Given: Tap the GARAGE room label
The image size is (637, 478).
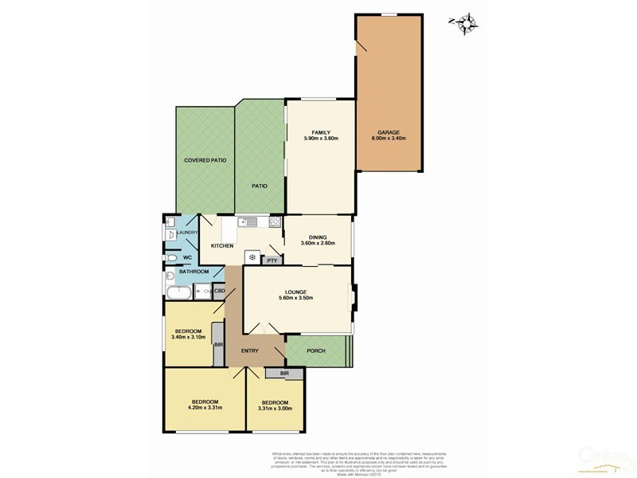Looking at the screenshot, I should (x=388, y=132).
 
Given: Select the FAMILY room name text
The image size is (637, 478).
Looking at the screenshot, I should (x=321, y=132).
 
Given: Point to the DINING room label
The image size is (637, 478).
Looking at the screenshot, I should (x=318, y=236).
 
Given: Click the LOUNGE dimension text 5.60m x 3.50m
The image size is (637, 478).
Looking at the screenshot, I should (x=297, y=299).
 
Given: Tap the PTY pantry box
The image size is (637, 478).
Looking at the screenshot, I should (x=272, y=260).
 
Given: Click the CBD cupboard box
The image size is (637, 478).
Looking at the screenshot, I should (x=219, y=292).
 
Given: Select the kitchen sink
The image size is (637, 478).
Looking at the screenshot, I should (x=249, y=222).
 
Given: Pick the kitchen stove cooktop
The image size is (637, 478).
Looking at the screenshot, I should (x=275, y=222).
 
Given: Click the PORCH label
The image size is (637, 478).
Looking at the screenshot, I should (x=316, y=351).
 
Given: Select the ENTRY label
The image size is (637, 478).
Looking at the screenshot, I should (x=251, y=351).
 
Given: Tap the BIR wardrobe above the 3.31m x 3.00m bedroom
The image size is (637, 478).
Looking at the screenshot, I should (x=283, y=373).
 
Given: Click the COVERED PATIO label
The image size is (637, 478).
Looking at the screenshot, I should (x=205, y=160).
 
